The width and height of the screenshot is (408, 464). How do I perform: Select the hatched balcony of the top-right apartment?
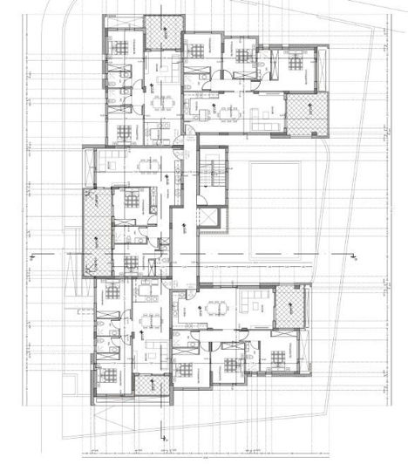[x=310, y=114]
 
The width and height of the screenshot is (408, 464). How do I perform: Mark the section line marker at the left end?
[x=31, y=256]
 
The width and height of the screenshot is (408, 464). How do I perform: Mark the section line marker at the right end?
[x=356, y=256]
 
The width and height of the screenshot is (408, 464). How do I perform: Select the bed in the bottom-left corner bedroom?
[x=110, y=376]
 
